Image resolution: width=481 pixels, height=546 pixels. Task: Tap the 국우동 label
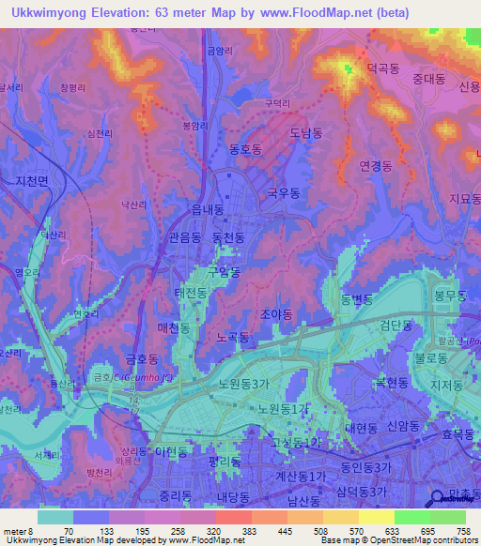coord(284,192)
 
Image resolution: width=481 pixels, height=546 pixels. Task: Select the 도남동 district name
coord(306,133)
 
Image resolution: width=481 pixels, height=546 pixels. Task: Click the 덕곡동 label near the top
coord(383,68)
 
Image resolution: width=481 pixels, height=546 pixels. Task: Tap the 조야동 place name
coord(276,315)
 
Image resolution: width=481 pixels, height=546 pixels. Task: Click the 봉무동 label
coord(450,295)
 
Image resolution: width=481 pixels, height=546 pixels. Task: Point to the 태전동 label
coord(191,294)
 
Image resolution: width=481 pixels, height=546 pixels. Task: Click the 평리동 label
coord(225,462)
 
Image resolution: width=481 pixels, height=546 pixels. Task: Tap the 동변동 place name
coord(357,299)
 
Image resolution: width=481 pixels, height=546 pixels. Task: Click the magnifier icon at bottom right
coord(438,499)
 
